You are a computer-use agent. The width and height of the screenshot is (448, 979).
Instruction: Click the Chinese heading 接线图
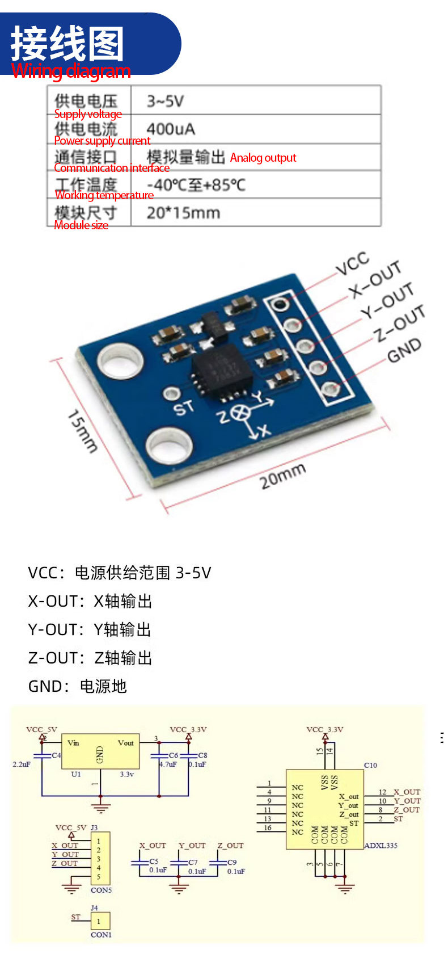[67, 43]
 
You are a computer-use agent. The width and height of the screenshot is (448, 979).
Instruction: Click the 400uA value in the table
[171, 129]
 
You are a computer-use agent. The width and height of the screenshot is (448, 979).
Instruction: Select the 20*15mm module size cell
[183, 213]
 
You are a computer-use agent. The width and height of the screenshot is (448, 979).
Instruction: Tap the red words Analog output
[263, 158]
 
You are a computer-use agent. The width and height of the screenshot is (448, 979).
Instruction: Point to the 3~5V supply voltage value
[165, 102]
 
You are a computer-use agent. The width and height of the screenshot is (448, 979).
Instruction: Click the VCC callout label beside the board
[352, 264]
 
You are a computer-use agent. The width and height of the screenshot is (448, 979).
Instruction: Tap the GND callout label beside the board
[404, 350]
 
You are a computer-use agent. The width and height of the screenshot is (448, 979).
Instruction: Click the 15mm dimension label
[82, 431]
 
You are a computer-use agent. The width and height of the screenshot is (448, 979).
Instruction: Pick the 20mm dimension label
[282, 476]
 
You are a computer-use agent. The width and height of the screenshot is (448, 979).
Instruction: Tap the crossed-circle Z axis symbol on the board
[242, 413]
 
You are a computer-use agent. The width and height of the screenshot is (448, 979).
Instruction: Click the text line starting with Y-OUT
[90, 630]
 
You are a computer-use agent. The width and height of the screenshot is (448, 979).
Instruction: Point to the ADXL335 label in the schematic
[381, 845]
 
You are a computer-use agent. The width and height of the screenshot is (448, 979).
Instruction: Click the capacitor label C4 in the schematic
[56, 755]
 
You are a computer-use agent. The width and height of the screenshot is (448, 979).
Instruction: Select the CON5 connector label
[101, 890]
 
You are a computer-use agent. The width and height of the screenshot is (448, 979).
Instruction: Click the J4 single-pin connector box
[100, 921]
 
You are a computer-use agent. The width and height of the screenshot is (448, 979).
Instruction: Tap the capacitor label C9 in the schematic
[232, 862]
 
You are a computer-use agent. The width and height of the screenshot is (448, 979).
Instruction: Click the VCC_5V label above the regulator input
[41, 730]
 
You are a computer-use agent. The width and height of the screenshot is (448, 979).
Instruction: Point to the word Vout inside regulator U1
[125, 743]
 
